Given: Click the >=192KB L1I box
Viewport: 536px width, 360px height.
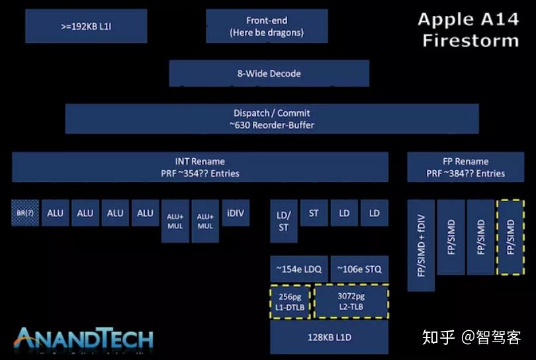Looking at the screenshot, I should pos(86,26).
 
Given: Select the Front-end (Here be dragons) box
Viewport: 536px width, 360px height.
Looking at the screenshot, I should pos(266,26).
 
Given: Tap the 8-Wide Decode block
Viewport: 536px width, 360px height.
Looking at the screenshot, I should pos(269,73).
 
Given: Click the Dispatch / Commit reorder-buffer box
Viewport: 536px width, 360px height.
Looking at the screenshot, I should pos(271,118).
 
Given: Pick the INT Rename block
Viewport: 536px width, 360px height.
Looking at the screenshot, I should pos(199,167).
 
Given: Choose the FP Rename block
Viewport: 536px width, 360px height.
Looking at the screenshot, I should pos(465,167).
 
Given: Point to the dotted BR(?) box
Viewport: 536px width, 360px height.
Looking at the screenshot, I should pos(26,212).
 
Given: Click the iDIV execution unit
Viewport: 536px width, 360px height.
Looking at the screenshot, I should pos(236,212).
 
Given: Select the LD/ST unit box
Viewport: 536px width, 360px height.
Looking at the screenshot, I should pos(283,220).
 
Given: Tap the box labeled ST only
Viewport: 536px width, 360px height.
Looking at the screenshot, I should pos(314,212).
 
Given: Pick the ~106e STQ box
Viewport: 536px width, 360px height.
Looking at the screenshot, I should pos(359,269).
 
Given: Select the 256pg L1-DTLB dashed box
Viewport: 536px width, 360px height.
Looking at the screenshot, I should pos(290,301).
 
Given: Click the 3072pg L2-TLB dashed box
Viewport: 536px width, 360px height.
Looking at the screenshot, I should pos(351,301).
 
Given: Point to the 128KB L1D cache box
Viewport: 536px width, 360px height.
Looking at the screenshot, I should pos(329,337).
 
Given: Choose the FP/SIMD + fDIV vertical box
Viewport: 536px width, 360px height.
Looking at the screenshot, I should pos(421,245).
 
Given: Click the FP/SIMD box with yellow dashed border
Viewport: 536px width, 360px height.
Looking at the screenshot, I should pos(510,237).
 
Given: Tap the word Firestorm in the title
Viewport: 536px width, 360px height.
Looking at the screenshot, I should pos(470,40).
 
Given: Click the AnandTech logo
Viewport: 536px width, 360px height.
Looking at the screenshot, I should pos(84,338).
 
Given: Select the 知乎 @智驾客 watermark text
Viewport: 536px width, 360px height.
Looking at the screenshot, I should pos(471,337).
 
